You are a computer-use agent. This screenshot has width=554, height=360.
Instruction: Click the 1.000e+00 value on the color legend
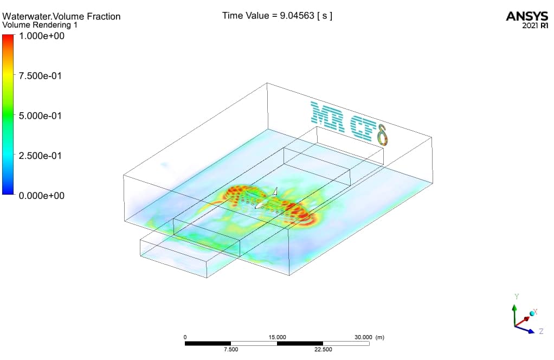click(x=41, y=36)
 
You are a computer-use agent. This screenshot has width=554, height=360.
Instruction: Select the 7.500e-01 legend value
click(x=40, y=76)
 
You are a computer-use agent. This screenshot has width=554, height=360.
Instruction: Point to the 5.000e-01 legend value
click(x=40, y=116)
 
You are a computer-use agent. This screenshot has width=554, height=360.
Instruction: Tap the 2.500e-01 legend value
click(x=40, y=156)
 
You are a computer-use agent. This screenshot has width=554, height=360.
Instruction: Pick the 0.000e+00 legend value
click(x=41, y=196)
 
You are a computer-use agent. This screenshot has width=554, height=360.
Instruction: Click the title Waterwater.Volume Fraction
click(x=61, y=16)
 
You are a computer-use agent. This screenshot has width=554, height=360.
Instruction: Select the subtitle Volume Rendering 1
click(x=40, y=25)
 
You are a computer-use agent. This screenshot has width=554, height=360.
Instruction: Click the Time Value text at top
click(x=277, y=16)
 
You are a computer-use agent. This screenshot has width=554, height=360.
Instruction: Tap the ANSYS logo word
click(x=527, y=16)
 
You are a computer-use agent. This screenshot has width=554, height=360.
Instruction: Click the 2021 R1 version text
click(x=535, y=25)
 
